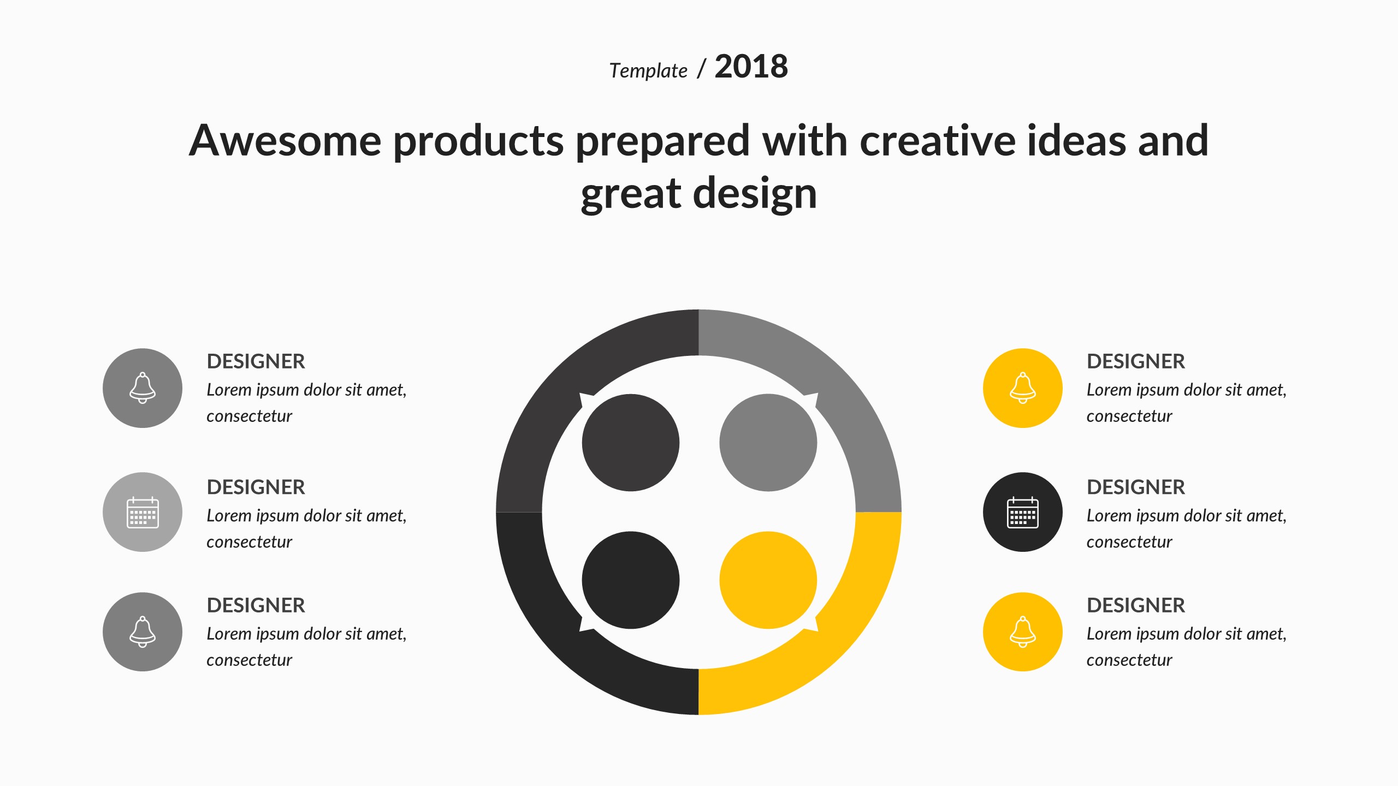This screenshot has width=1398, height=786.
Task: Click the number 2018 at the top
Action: click(x=751, y=67)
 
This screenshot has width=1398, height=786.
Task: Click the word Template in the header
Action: click(x=648, y=71)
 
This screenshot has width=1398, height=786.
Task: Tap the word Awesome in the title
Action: click(x=285, y=140)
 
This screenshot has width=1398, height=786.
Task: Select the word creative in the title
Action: click(x=937, y=140)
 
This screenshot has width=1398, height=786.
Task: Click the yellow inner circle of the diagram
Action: click(x=768, y=580)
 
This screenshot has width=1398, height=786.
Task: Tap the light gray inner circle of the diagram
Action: click(x=768, y=443)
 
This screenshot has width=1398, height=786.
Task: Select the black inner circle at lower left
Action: click(x=631, y=580)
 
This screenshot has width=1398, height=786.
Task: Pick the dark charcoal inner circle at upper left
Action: click(x=631, y=443)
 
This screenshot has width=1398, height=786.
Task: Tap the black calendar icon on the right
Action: click(x=1023, y=512)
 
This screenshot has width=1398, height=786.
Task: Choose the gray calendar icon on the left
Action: click(x=143, y=512)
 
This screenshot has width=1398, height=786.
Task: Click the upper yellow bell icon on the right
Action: click(x=1023, y=388)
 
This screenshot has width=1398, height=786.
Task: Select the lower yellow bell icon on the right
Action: click(x=1023, y=632)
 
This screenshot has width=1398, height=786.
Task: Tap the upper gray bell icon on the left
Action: click(x=143, y=388)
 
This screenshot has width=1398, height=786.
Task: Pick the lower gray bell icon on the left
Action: click(x=143, y=632)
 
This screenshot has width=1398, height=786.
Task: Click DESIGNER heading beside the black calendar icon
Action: click(x=1136, y=487)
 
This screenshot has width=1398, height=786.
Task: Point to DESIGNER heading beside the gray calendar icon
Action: click(x=256, y=487)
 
